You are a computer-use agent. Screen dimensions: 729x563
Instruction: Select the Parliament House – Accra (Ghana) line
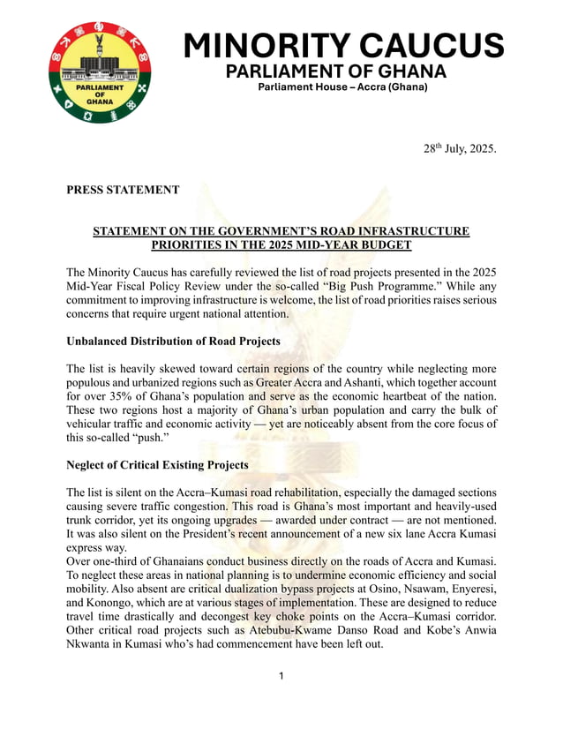pos(342,87)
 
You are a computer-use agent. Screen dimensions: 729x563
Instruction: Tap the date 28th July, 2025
pos(460,147)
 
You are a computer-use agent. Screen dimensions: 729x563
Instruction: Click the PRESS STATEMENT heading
pos(123,190)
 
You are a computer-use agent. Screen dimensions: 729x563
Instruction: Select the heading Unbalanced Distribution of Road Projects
pos(173,342)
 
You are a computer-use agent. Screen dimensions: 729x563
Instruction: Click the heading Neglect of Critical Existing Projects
pos(157,465)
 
